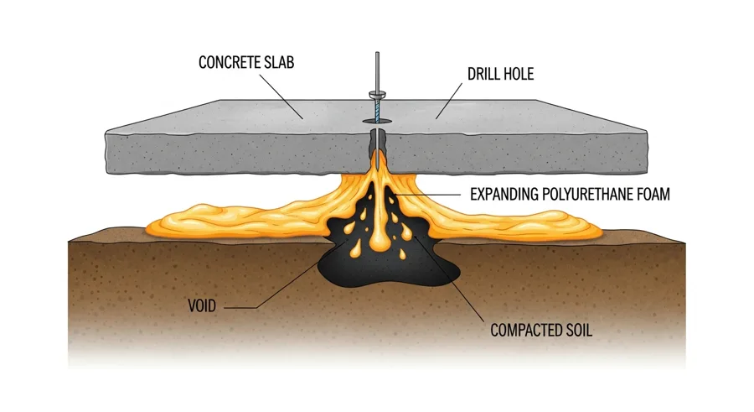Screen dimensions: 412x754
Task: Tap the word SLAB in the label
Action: (281, 62)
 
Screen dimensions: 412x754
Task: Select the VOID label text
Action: (203, 306)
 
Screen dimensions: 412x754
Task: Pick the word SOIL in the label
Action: (577, 330)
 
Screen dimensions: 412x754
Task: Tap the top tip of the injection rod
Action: (377, 53)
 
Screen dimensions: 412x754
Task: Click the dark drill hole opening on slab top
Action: (377, 123)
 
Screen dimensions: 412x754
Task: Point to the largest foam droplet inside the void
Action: (380, 242)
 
